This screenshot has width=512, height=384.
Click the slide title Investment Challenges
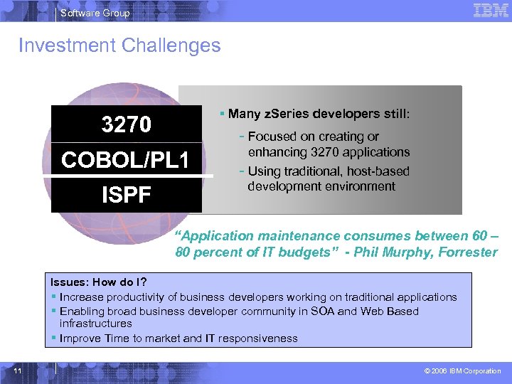(x=119, y=46)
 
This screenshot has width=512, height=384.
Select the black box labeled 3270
(x=126, y=124)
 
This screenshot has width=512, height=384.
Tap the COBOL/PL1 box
(x=126, y=160)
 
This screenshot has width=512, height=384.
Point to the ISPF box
(x=126, y=194)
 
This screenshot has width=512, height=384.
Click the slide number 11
(x=18, y=370)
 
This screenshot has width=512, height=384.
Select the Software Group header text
(x=95, y=13)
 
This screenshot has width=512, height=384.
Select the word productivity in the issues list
(x=134, y=297)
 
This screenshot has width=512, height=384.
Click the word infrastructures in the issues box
(x=96, y=324)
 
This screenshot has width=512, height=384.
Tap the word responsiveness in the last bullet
(x=260, y=338)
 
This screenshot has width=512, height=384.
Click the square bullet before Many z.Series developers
(x=223, y=114)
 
